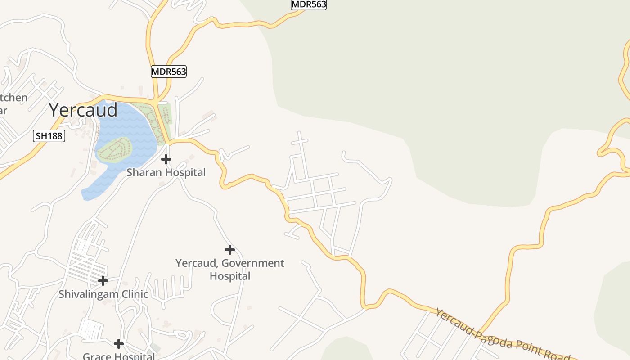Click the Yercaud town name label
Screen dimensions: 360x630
click(83, 110)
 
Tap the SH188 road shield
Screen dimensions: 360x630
click(49, 135)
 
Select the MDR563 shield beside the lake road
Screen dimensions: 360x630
click(168, 71)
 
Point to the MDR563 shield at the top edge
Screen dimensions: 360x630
click(309, 4)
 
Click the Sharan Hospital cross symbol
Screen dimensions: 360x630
click(166, 159)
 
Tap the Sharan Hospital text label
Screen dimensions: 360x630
click(166, 172)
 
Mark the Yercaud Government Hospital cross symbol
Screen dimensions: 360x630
click(230, 249)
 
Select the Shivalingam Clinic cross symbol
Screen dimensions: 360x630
click(103, 281)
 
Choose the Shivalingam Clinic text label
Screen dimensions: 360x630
click(103, 294)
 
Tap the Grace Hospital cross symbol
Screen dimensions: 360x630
click(119, 344)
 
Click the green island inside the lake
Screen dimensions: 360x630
click(115, 149)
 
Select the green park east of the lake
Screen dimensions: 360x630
click(165, 115)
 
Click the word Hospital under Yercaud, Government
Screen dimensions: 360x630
click(230, 276)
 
